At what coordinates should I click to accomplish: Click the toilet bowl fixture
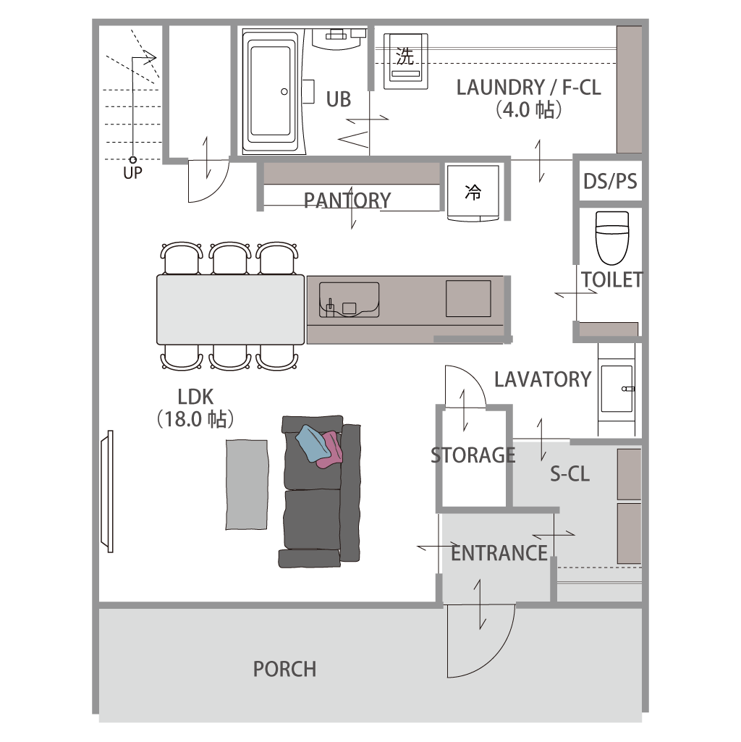click(612, 237)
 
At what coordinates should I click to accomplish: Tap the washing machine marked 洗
click(405, 61)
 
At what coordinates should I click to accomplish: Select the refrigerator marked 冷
click(473, 193)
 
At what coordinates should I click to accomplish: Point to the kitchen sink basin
click(350, 300)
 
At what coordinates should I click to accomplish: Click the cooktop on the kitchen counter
click(468, 298)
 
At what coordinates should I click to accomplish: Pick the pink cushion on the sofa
click(331, 450)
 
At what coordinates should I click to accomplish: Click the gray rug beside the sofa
click(247, 484)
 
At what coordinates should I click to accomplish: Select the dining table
click(230, 310)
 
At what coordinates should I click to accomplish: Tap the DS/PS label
click(610, 181)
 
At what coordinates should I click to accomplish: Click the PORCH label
click(285, 669)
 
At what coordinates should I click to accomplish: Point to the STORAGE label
click(473, 455)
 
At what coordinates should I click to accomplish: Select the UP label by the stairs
click(132, 173)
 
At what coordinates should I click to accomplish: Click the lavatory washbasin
click(617, 389)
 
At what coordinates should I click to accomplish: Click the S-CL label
click(569, 473)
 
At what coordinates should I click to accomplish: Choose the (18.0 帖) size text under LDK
click(195, 419)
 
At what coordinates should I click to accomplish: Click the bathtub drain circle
click(284, 92)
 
